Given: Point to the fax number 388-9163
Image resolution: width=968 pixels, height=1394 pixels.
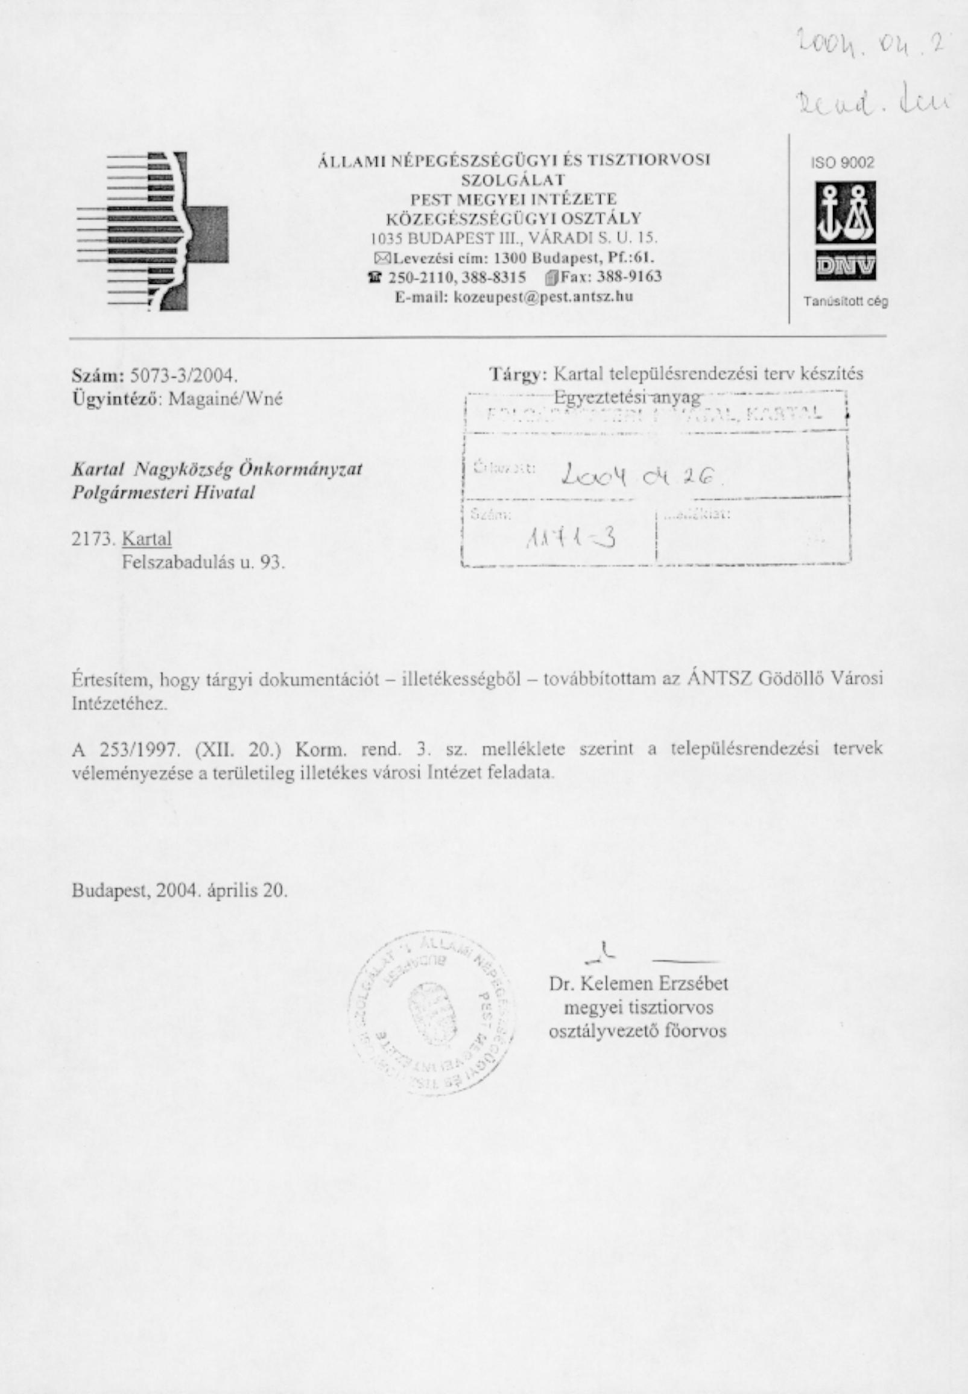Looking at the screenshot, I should pos(629,277).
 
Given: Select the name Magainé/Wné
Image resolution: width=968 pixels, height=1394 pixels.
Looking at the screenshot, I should pos(225,399).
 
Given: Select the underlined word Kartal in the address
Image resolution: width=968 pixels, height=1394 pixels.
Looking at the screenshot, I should pos(147,538).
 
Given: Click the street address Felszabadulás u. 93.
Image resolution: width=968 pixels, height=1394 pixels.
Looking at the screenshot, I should pos(203,563).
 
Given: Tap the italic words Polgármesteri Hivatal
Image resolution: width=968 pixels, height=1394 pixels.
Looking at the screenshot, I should pos(163,493).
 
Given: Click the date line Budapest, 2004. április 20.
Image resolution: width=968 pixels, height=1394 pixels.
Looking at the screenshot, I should pos(179,891).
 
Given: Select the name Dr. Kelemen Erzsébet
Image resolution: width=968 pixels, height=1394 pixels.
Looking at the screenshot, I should pos(638,983).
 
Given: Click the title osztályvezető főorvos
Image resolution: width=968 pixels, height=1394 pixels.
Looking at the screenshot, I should pos(637,1032).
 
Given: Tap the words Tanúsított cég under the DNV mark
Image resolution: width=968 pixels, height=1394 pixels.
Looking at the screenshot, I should pos(846,301).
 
